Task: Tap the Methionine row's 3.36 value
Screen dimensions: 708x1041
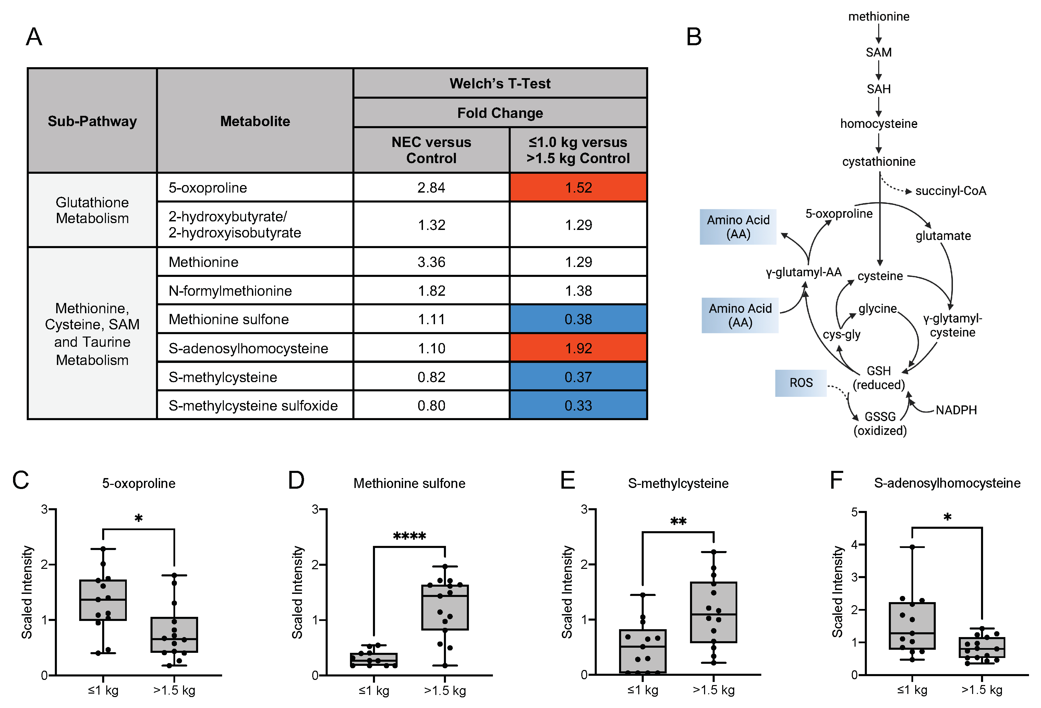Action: click(x=431, y=261)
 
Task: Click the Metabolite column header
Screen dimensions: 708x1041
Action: click(x=255, y=121)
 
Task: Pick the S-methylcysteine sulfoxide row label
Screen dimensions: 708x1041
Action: click(x=253, y=405)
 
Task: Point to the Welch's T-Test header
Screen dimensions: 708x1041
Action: click(x=500, y=83)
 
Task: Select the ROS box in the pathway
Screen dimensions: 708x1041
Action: click(x=800, y=383)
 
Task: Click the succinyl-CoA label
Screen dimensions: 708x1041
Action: click(x=951, y=191)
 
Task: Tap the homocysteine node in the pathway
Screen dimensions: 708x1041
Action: click(x=879, y=124)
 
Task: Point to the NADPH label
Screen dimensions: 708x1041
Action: click(x=956, y=410)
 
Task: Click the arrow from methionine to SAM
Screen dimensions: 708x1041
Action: click(x=879, y=34)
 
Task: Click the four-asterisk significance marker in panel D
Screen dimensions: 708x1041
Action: click(x=409, y=536)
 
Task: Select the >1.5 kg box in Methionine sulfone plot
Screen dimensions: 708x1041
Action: click(x=445, y=607)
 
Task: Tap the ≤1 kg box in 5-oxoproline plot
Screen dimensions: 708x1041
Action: click(x=103, y=600)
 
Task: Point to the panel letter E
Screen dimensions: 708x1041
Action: click(x=568, y=480)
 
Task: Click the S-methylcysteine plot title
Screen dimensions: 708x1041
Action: click(x=678, y=483)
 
